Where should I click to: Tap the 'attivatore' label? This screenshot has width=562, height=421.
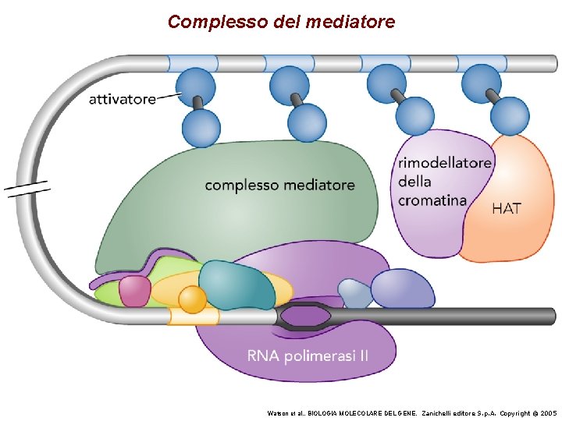(122, 100)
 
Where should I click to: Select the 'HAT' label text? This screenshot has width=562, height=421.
(507, 208)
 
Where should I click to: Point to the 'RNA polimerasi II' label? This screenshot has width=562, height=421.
(308, 357)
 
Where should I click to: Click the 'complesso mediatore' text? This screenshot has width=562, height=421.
(279, 186)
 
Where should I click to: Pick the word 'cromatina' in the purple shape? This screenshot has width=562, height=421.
(432, 200)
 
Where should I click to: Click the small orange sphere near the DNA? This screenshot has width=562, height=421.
(192, 299)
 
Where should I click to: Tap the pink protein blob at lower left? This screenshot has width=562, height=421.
(134, 291)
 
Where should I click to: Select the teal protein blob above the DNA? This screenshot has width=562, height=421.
(236, 285)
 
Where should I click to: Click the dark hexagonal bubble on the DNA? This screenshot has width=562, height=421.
(304, 317)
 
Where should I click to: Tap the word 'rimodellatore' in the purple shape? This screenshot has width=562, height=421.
(445, 163)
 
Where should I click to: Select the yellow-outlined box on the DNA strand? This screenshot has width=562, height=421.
(194, 316)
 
